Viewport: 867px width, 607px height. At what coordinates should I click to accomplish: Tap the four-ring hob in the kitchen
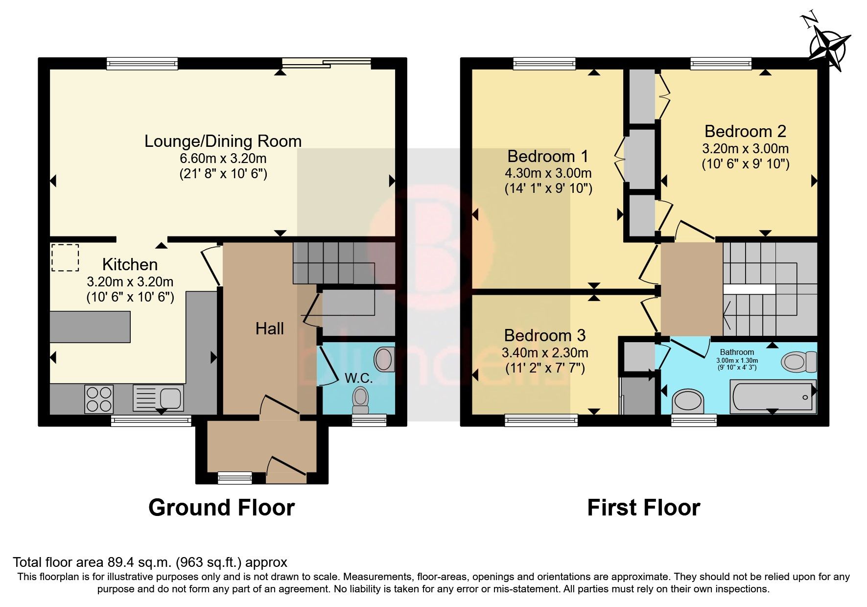coord(99,399)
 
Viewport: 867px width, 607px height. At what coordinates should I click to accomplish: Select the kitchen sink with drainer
coord(159,397)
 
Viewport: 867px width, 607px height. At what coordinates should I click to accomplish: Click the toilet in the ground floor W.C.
coord(361,401)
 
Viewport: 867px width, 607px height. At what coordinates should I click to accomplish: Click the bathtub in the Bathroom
coord(773,397)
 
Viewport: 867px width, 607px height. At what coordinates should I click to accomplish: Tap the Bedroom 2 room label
coord(745,131)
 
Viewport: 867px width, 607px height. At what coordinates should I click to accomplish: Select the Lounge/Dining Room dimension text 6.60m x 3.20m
coord(223,159)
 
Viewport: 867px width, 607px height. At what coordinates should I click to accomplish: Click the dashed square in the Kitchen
coord(65,257)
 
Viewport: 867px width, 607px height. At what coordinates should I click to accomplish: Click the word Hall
coord(269,328)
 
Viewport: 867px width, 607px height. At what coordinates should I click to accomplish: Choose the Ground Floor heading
coord(221,508)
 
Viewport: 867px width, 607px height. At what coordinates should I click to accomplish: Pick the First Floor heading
coord(643,508)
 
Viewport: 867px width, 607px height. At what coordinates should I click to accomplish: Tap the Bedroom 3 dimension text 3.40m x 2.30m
coord(545,352)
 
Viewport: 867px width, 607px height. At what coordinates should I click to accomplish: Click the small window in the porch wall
coord(235,477)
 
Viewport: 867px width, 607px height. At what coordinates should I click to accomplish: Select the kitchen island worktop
coord(90,327)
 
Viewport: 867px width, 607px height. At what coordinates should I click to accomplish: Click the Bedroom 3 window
coord(541,420)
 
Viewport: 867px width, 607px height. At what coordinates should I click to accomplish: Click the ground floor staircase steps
coord(333,263)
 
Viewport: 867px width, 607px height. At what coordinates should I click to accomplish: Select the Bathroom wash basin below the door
coord(688,401)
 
